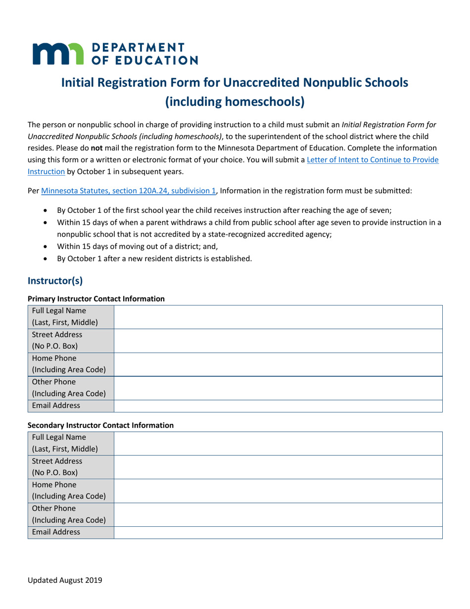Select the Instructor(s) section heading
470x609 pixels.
coord(55,280)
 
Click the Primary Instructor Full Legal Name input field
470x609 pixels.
coord(278,317)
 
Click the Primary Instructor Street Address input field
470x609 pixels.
coord(278,340)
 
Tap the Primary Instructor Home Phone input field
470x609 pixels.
coord(278,363)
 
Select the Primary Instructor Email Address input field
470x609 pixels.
coord(278,406)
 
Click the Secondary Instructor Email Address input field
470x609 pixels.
coord(278,532)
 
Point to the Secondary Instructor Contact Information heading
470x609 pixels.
coord(101,425)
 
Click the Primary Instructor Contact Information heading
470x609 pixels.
coord(96,299)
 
